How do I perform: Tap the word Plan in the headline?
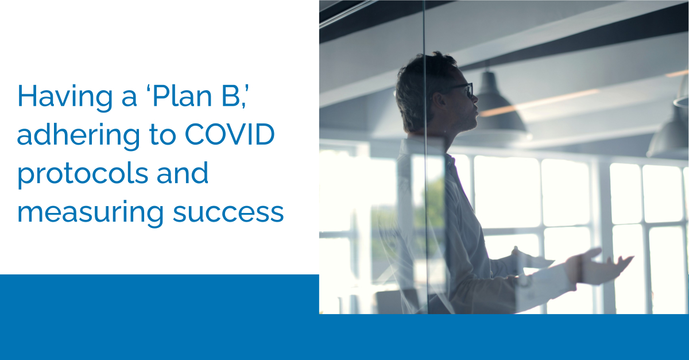coord(182,96)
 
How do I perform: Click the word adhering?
coord(79,136)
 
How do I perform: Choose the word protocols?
coord(83,174)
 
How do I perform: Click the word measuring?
coord(90,212)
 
